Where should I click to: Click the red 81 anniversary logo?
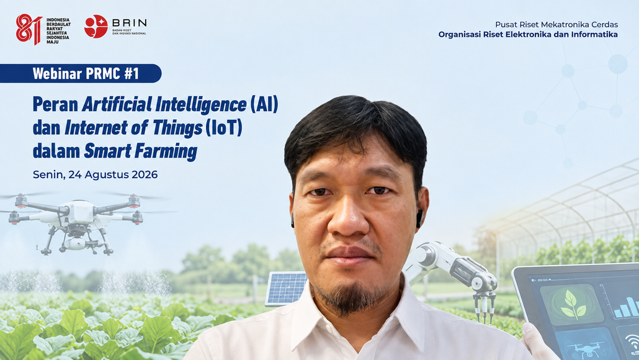[29, 29]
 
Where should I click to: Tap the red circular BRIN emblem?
[96, 27]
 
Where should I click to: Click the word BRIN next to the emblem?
[129, 22]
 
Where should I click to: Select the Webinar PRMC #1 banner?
[81, 73]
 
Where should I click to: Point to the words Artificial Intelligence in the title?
[164, 104]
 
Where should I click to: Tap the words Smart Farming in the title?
[141, 151]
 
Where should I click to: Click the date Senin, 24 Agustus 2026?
[95, 174]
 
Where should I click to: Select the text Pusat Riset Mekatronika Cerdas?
[556, 24]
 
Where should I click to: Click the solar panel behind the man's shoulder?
[285, 288]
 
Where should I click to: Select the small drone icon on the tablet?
[586, 349]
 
